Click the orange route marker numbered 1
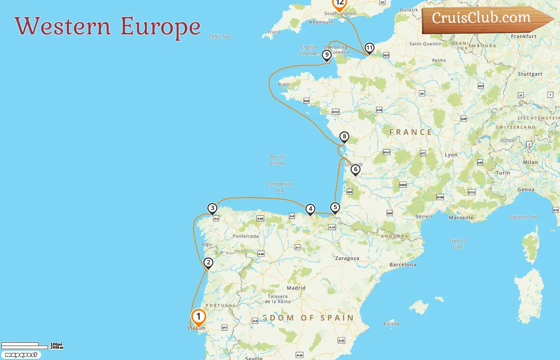pyautogui.click(x=198, y=317)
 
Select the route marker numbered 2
pyautogui.click(x=208, y=263)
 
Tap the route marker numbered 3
pyautogui.click(x=212, y=208)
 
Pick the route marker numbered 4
pyautogui.click(x=310, y=209)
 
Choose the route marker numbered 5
pyautogui.click(x=335, y=208)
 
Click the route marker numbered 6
pyautogui.click(x=355, y=170)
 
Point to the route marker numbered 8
pyautogui.click(x=344, y=137)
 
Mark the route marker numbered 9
pyautogui.click(x=327, y=55)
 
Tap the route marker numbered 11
pyautogui.click(x=369, y=48)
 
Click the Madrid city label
pyautogui.click(x=296, y=288)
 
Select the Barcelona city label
pyautogui.click(x=402, y=265)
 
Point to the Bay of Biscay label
pyautogui.click(x=277, y=160)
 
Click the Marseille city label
pyautogui.click(x=461, y=218)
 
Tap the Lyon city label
pyautogui.click(x=451, y=155)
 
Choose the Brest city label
pyautogui.click(x=284, y=84)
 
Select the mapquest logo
pyautogui.click(x=21, y=355)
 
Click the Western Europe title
pyautogui.click(x=108, y=26)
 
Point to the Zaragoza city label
pyautogui.click(x=347, y=258)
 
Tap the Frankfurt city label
pyautogui.click(x=524, y=36)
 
